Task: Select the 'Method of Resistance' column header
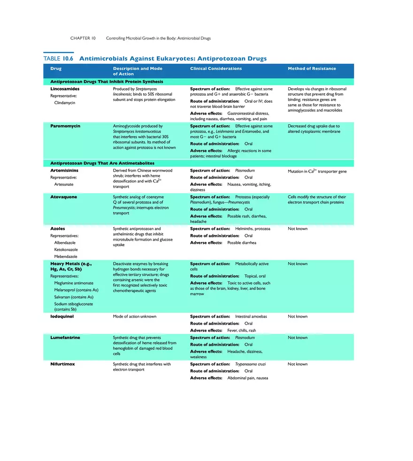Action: point(312,68)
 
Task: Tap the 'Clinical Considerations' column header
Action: point(216,68)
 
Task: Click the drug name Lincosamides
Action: point(65,89)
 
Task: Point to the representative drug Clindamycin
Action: point(65,102)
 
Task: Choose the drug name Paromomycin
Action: point(65,126)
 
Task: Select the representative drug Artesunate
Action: point(64,184)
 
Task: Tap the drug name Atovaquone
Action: point(64,197)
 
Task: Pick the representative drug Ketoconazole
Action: point(66,249)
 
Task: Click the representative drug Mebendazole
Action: point(66,257)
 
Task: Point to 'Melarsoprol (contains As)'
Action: point(76,290)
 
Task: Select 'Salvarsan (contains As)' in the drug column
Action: point(74,297)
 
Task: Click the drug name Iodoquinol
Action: point(62,317)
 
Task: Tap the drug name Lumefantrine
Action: point(65,338)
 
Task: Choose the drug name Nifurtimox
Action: point(62,364)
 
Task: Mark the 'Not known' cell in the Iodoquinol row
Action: point(298,317)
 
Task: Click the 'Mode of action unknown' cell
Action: point(135,317)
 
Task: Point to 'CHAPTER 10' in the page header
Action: point(83,38)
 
